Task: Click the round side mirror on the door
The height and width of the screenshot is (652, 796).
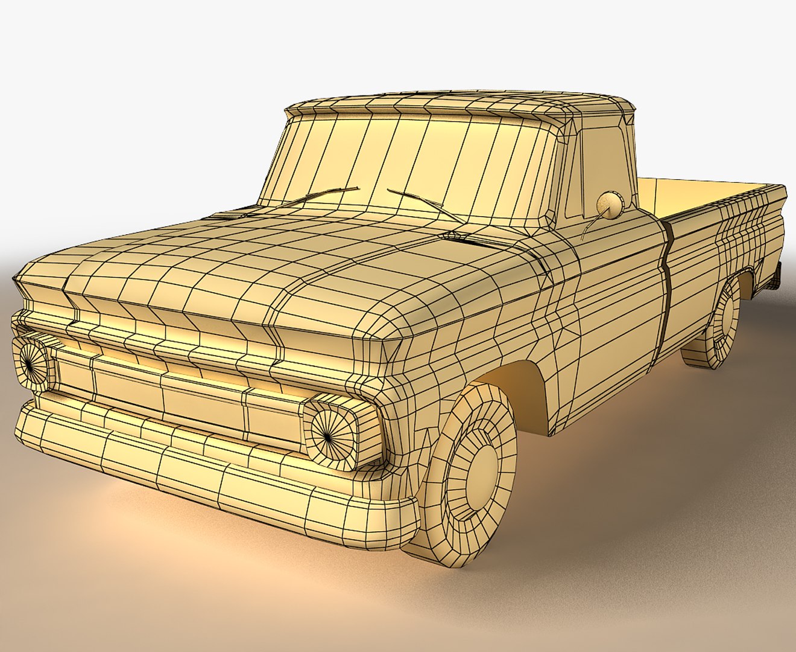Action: (x=610, y=205)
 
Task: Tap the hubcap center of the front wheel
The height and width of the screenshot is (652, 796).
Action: (x=481, y=468)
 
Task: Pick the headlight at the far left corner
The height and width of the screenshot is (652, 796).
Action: (x=30, y=360)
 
